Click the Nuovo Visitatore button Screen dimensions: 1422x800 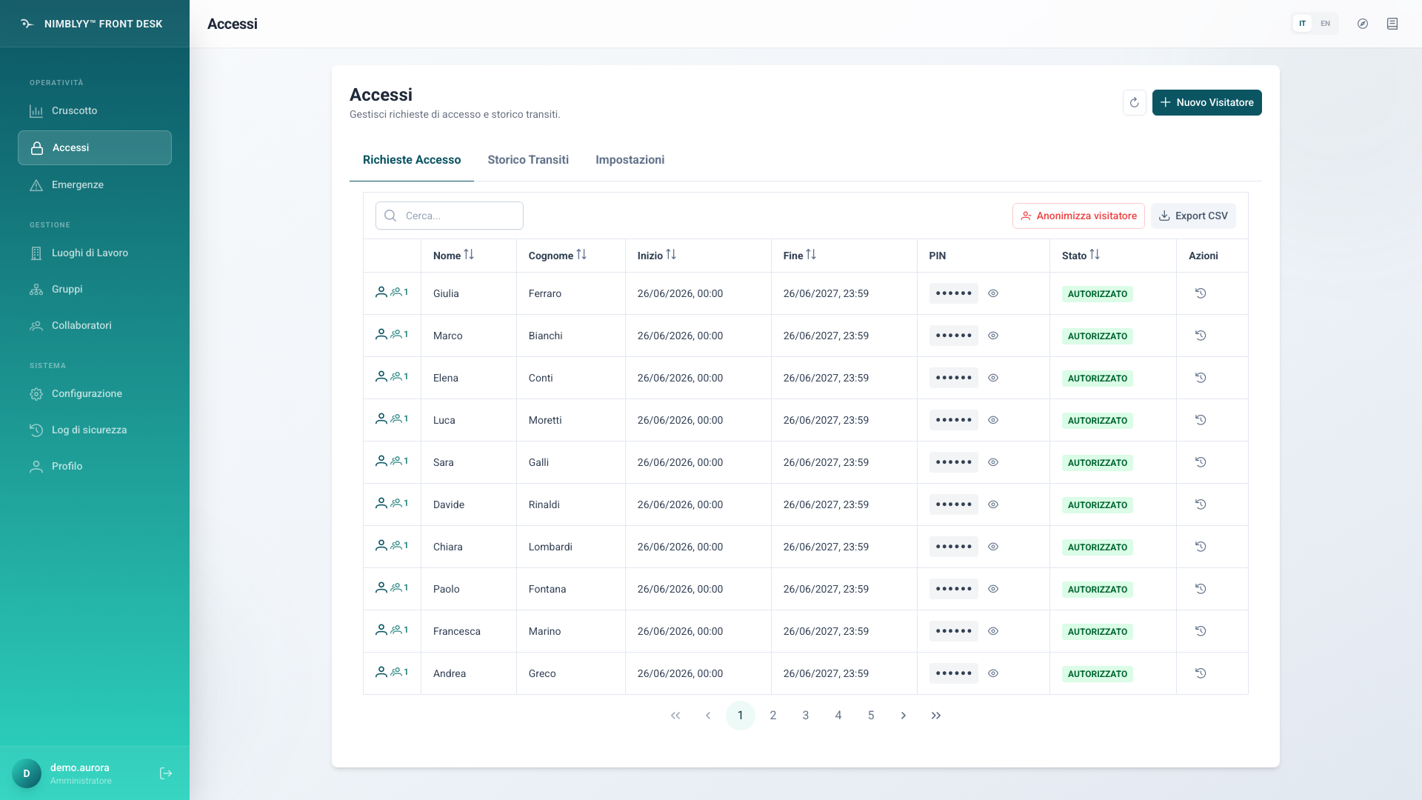coord(1206,102)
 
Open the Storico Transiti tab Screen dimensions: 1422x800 coord(528,160)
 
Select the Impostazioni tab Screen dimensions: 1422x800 coord(630,160)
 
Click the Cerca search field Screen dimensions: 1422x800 coord(449,216)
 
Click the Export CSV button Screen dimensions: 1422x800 coord(1193,216)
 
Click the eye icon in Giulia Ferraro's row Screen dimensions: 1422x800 coord(993,293)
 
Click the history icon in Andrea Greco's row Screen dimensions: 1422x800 coord(1201,673)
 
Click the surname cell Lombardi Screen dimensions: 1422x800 coord(550,547)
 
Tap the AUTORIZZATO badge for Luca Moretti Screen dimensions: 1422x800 coord(1097,420)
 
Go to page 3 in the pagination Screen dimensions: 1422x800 coord(806,716)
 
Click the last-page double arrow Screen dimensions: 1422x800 coord(936,716)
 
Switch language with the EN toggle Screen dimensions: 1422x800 coord(1325,24)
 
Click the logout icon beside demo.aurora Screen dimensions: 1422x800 coord(166,773)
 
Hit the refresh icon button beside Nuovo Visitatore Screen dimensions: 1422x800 coord(1134,102)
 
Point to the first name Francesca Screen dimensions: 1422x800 coord(456,631)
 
